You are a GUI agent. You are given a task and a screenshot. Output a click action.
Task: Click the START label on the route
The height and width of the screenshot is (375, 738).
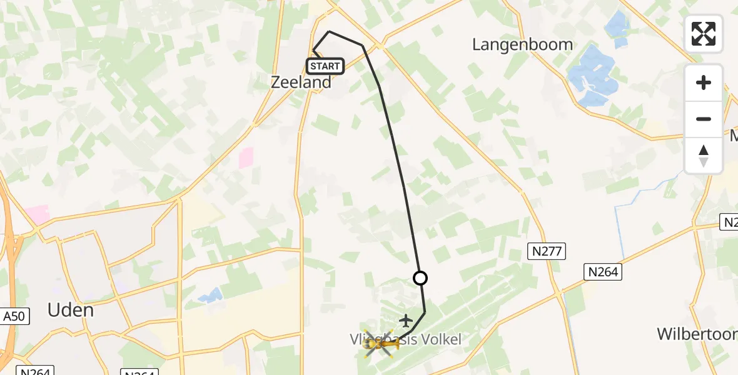325,66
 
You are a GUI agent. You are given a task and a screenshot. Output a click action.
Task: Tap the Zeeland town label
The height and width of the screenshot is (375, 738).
301,82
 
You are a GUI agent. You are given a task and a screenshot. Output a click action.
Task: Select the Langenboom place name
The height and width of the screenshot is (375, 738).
522,44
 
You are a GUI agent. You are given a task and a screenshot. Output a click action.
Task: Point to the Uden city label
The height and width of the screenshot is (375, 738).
71,310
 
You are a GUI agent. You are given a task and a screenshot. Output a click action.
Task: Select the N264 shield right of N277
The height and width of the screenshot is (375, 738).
603,271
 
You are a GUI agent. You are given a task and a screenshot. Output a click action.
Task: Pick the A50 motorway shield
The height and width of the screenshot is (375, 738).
14,316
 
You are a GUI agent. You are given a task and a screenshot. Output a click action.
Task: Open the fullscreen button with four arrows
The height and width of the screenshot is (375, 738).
704,34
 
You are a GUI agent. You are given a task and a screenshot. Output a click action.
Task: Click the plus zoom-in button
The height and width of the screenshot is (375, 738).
704,82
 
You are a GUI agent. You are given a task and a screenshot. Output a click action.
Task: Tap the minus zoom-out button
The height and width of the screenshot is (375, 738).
704,119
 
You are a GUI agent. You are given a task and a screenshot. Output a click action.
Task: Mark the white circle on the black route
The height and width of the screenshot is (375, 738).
420,278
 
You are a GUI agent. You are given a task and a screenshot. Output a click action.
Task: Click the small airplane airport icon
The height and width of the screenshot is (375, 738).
406,321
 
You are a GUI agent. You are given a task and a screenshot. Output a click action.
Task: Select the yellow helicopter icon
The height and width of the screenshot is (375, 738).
378,343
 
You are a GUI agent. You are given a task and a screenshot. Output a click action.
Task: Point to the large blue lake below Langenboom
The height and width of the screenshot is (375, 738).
591,76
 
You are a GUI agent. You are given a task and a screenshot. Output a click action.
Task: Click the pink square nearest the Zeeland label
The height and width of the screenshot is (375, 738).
247,157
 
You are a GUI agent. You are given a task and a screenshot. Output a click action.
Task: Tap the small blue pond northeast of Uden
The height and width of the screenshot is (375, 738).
211,294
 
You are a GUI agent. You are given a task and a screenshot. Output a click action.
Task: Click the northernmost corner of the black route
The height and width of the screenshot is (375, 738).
329,31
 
